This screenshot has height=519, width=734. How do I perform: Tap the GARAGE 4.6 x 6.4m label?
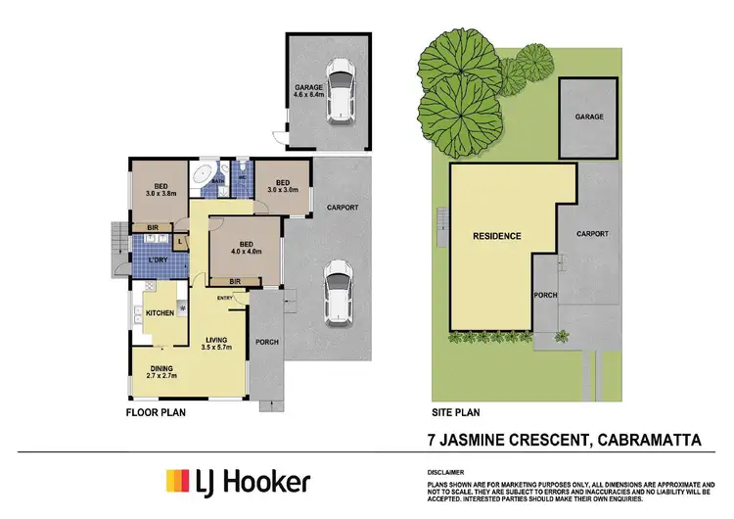(308, 91)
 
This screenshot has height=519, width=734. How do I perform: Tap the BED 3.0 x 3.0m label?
(282, 186)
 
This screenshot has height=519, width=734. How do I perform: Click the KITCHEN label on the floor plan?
(160, 312)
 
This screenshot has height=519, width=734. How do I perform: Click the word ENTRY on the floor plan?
(225, 299)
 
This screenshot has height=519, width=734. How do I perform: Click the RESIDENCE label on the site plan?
(497, 236)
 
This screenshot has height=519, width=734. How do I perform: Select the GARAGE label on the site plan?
(588, 117)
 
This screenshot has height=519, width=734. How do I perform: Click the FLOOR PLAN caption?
(156, 413)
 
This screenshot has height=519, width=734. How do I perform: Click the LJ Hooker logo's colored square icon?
(177, 482)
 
